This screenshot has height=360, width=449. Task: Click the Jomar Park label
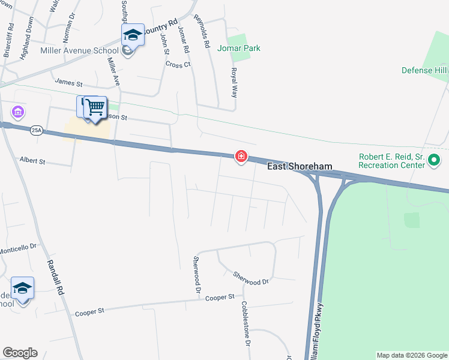coord(240,48)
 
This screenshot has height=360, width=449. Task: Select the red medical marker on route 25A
coord(241,157)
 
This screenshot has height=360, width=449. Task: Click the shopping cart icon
coord(95,107)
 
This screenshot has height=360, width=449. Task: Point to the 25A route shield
coord(37,132)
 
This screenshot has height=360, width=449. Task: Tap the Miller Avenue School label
coord(79,51)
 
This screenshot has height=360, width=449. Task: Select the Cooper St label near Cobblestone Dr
coord(219,298)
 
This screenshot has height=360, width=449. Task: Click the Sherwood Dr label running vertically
coord(196,275)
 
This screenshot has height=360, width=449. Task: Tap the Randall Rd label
coord(55,275)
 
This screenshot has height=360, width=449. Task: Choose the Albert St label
coord(32,160)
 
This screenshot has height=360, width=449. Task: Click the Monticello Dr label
coord(18,247)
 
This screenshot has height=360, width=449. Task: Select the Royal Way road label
coord(234,83)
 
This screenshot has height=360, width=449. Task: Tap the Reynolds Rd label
coord(202,32)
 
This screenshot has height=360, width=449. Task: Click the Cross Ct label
coord(178,64)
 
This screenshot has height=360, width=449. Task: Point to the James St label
coord(68,81)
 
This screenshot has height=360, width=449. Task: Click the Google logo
coord(20,353)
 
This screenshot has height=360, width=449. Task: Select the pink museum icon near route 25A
coord(17,112)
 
